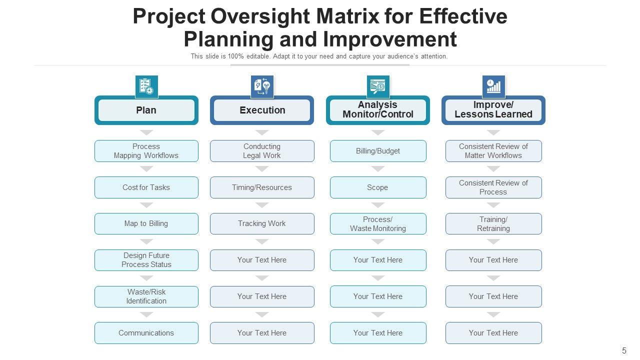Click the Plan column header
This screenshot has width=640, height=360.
[146, 110]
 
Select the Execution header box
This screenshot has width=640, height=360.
[262, 110]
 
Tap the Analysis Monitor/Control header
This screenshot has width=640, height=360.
[377, 110]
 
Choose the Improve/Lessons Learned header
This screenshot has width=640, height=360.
[493, 110]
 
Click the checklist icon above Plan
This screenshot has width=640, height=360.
[146, 86]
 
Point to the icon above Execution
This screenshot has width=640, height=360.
[262, 86]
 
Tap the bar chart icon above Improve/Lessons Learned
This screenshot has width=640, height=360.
[493, 86]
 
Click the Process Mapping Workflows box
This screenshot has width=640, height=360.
[146, 151]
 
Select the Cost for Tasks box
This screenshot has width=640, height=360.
[146, 187]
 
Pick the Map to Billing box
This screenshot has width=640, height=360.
[146, 223]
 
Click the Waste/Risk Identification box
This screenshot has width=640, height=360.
[146, 296]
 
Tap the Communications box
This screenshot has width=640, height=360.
[146, 333]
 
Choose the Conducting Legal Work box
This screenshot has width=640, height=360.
[262, 151]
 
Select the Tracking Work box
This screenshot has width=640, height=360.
[262, 223]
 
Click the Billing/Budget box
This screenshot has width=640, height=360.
[377, 151]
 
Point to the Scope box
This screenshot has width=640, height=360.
[377, 187]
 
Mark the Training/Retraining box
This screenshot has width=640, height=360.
[493, 223]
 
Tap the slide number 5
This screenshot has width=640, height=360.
[624, 350]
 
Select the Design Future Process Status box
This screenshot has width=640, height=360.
[146, 260]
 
